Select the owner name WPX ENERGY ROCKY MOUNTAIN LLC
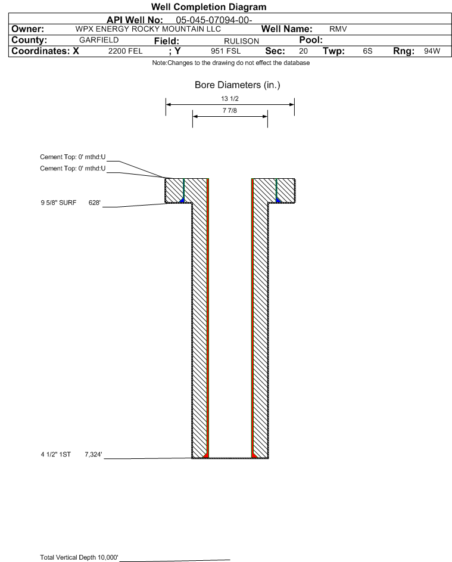coord(148,29)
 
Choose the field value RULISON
coord(241,41)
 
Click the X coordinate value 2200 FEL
coord(125,51)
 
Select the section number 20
coord(303,51)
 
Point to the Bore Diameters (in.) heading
coord(237,85)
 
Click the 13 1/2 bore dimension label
coord(230,98)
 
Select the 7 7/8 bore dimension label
coord(230,111)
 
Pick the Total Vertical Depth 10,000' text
coord(79,557)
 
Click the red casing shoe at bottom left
coord(205,455)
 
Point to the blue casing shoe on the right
coord(278,200)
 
